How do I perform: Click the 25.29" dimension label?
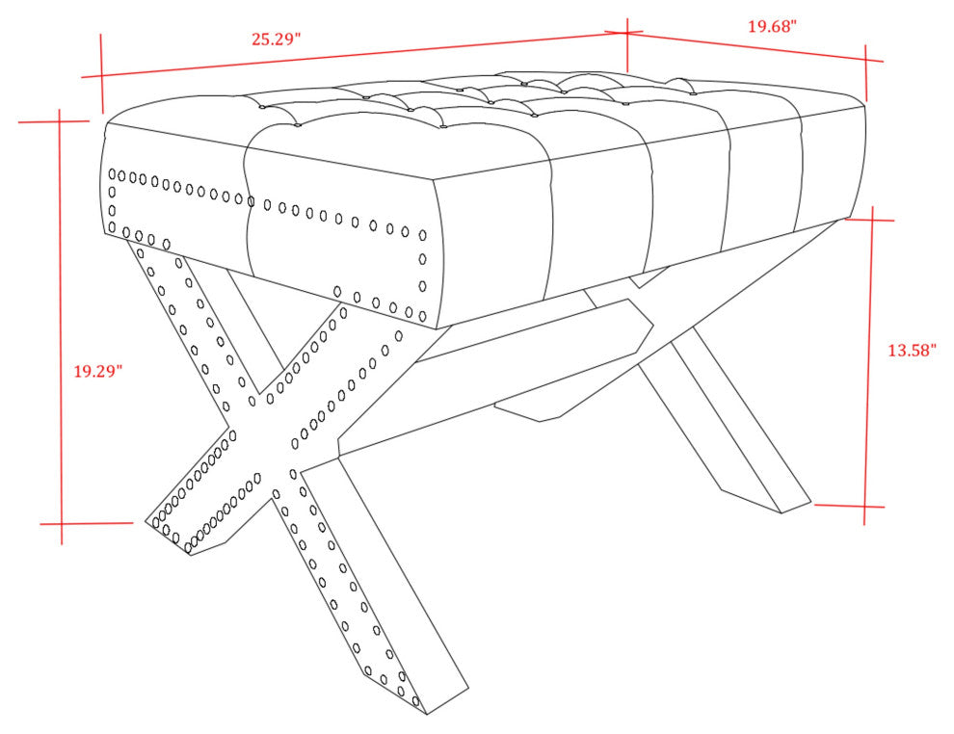[277, 39]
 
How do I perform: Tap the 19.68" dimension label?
[772, 26]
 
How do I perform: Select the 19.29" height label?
[98, 371]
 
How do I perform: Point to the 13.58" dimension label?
[912, 351]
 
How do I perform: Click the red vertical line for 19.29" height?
[61, 327]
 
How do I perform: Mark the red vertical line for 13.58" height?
[869, 365]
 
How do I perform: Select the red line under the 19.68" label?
[755, 46]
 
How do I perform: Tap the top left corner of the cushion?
[107, 123]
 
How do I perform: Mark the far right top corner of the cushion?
[864, 105]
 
